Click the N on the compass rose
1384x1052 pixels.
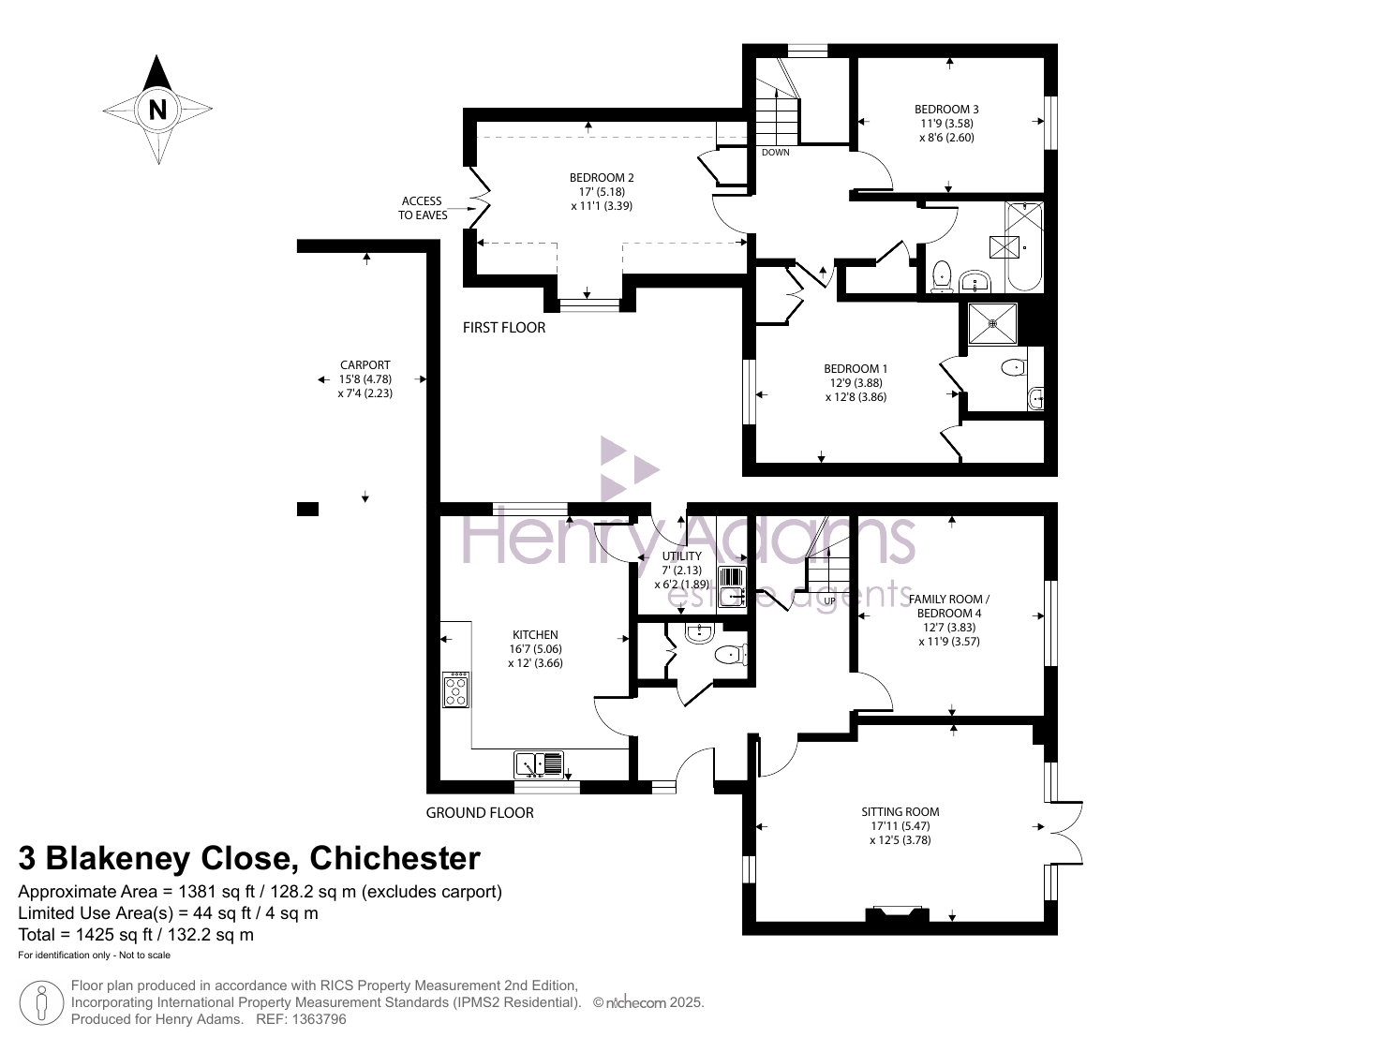click(x=157, y=110)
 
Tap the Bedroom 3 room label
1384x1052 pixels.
click(x=946, y=123)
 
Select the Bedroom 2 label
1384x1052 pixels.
click(x=602, y=192)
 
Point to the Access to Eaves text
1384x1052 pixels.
click(x=423, y=208)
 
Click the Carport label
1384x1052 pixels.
click(x=365, y=378)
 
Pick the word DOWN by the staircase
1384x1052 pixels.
click(x=775, y=153)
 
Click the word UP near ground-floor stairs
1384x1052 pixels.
click(x=829, y=601)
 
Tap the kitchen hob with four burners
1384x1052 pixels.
click(x=455, y=689)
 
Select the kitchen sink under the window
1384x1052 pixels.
click(x=539, y=764)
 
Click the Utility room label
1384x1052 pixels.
click(x=681, y=570)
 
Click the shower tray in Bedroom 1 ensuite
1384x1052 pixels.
click(x=992, y=324)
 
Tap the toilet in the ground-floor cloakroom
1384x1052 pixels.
click(x=732, y=654)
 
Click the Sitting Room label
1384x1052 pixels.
click(x=900, y=825)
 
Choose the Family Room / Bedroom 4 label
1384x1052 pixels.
click(x=949, y=620)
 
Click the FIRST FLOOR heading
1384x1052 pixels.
click(x=504, y=328)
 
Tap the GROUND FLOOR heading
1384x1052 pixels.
click(x=480, y=813)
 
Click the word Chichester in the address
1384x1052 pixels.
click(x=394, y=858)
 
